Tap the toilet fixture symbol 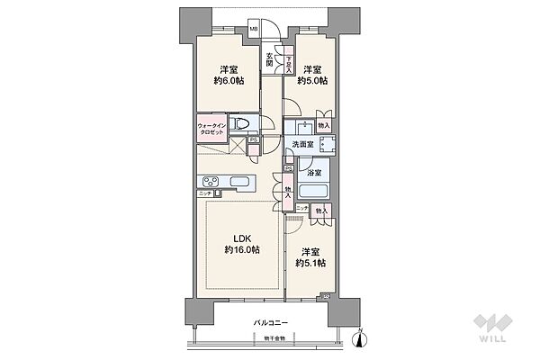click(240, 125)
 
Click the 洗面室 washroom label click(301, 144)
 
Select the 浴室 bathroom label click(314, 171)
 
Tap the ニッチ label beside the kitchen click(204, 194)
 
